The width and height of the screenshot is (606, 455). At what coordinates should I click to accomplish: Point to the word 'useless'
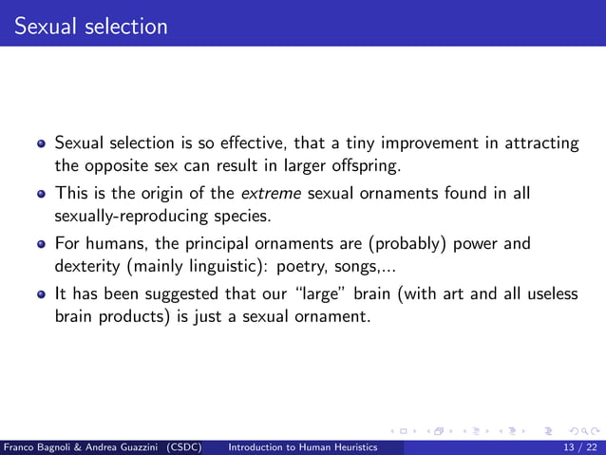click(x=549, y=294)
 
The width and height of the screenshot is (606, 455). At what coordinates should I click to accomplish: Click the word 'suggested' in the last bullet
click(x=196, y=294)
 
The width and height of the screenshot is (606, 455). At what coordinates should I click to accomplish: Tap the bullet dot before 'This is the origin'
click(x=41, y=195)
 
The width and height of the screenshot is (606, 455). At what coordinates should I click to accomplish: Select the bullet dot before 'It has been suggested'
click(x=41, y=294)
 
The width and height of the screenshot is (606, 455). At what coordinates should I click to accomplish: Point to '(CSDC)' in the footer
click(x=182, y=446)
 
